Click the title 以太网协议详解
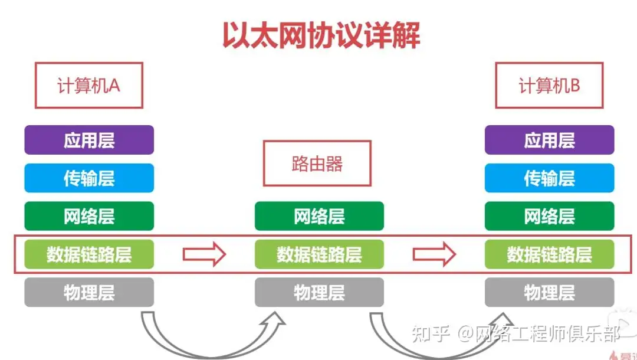(x=321, y=35)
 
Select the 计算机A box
(x=88, y=86)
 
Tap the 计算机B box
(x=549, y=86)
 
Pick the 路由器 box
(x=317, y=163)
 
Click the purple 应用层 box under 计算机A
(x=89, y=140)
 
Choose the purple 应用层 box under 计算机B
(x=549, y=140)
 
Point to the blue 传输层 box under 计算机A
(x=89, y=178)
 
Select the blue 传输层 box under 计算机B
(x=549, y=178)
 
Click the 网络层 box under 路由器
(x=319, y=216)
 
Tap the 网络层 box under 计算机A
(x=89, y=216)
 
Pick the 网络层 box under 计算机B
(x=549, y=216)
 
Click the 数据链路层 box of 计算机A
(x=89, y=254)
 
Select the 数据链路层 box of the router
(x=319, y=254)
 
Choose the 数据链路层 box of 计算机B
(x=549, y=254)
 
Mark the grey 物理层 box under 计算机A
(x=89, y=292)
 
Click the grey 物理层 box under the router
(x=319, y=292)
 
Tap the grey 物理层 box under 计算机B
(x=549, y=292)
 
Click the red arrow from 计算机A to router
(x=204, y=254)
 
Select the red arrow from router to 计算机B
(x=434, y=254)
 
